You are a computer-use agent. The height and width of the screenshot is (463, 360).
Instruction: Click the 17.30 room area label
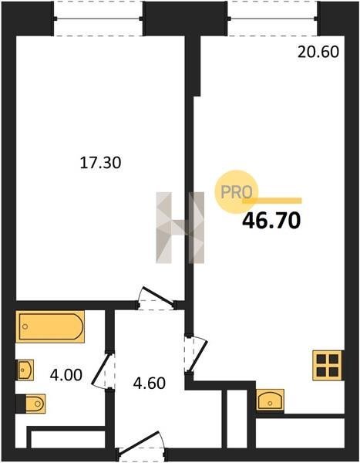(x=101, y=163)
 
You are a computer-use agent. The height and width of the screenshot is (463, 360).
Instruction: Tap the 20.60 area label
(x=318, y=52)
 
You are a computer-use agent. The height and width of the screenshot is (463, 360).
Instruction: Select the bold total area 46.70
(x=271, y=221)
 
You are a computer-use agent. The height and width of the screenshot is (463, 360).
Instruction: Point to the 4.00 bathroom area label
(x=66, y=375)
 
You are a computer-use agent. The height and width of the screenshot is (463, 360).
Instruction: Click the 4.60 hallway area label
(x=150, y=384)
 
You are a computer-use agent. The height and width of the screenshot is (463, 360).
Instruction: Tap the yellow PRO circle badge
(x=236, y=192)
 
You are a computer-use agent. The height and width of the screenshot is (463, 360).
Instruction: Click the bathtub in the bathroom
(x=50, y=326)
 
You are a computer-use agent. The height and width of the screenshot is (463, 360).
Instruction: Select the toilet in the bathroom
(x=31, y=404)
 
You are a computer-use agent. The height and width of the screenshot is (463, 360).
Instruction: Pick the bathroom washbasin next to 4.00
(x=25, y=370)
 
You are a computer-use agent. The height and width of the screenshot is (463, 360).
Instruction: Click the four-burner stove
(x=328, y=365)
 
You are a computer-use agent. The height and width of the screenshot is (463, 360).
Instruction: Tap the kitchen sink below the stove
(x=270, y=400)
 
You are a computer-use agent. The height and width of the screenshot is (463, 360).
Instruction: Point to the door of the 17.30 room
(x=156, y=298)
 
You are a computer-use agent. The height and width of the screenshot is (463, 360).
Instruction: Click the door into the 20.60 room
(x=197, y=354)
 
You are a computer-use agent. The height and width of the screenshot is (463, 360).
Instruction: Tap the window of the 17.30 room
(x=98, y=19)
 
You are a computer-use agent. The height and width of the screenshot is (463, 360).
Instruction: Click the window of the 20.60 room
(x=273, y=19)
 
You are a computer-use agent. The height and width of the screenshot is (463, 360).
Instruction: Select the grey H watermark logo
(x=180, y=228)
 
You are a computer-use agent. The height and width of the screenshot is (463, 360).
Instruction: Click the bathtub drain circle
(x=25, y=326)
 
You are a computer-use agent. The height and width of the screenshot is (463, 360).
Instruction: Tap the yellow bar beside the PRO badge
(x=272, y=201)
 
